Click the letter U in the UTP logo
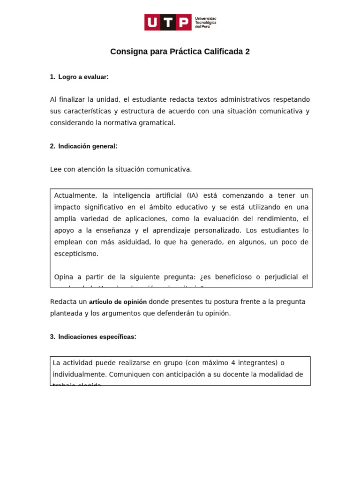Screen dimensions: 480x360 [152, 22]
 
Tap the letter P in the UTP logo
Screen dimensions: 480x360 [184, 22]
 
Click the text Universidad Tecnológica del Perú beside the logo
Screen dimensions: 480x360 [205, 22]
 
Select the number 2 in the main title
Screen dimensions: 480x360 [247, 52]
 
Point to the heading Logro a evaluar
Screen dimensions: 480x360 [83, 77]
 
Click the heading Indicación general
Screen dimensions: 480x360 [88, 146]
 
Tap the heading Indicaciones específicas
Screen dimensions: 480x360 [97, 337]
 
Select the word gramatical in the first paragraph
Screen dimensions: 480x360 [158, 123]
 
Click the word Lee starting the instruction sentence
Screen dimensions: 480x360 [56, 169]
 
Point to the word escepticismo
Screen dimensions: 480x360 [76, 254]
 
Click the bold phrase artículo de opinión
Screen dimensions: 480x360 [118, 302]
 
